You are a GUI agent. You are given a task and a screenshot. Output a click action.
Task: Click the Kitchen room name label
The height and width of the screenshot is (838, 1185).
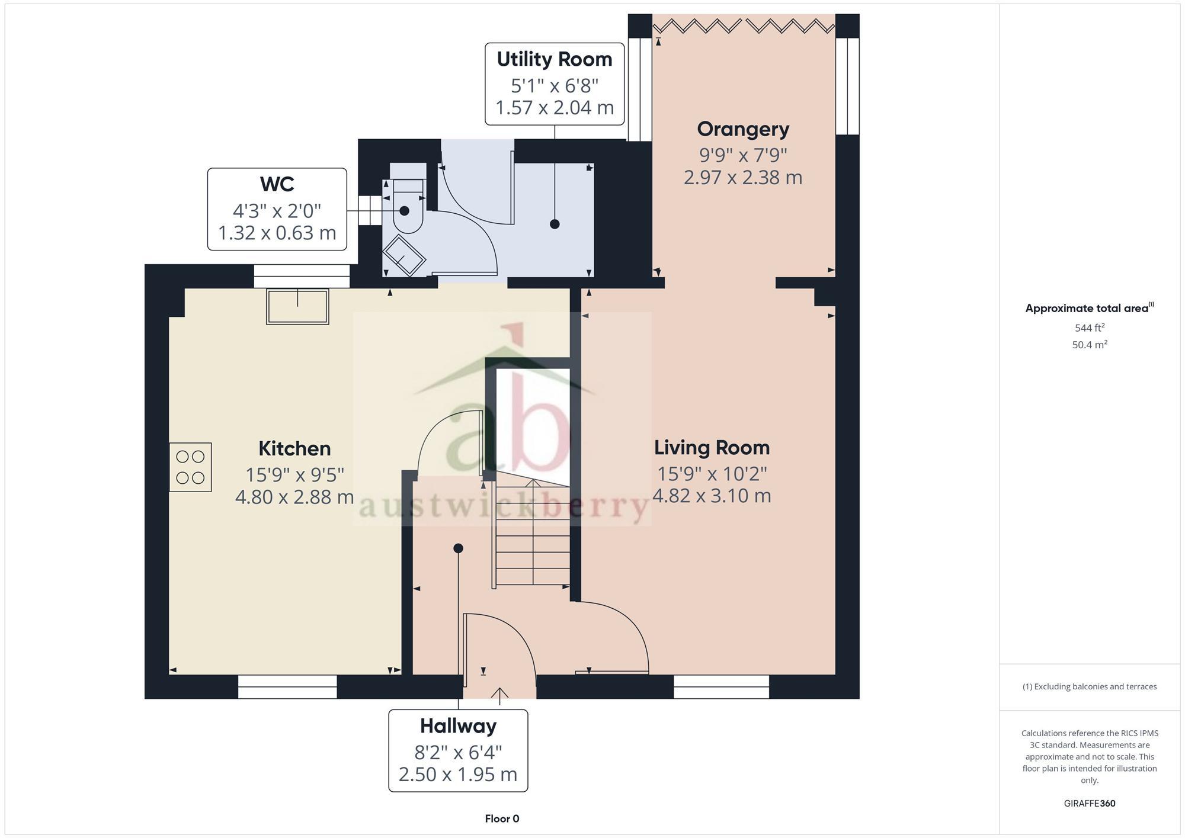(x=294, y=448)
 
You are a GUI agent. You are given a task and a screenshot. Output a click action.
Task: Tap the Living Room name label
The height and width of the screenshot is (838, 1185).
(x=712, y=448)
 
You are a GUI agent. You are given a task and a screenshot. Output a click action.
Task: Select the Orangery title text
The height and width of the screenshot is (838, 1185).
(x=743, y=129)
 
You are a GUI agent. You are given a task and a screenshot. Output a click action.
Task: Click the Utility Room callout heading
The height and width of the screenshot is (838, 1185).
(x=554, y=59)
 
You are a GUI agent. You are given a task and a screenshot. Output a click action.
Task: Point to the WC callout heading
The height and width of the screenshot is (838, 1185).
(x=277, y=184)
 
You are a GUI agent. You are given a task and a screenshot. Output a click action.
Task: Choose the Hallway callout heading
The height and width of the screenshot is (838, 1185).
(x=458, y=726)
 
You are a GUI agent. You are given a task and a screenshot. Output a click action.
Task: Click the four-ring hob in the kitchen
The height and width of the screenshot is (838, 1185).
(x=190, y=467)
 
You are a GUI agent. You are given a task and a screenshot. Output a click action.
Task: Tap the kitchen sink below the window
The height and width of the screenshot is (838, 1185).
(x=297, y=306)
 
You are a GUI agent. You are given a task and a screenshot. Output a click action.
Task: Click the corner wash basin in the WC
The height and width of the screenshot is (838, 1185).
(x=403, y=255)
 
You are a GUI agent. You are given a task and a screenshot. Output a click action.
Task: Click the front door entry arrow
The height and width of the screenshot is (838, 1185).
(x=499, y=695)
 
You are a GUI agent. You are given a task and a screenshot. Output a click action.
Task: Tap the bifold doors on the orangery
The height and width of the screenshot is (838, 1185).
(x=744, y=25)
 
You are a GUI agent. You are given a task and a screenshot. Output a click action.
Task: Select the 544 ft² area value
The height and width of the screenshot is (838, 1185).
(x=1089, y=328)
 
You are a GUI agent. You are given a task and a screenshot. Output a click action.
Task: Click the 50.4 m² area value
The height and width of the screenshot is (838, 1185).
(x=1089, y=345)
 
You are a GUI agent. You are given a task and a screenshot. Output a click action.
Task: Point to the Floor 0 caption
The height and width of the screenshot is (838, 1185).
(x=502, y=819)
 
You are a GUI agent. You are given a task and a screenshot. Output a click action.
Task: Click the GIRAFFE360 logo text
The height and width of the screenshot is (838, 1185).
(x=1089, y=804)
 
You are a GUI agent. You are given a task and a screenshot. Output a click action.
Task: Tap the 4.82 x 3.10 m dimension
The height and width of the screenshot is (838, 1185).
(x=712, y=496)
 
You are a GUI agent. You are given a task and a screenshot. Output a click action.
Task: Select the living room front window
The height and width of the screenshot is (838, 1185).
(x=721, y=687)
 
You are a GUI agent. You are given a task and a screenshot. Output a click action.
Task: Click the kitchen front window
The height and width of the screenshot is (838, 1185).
(x=287, y=687)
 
